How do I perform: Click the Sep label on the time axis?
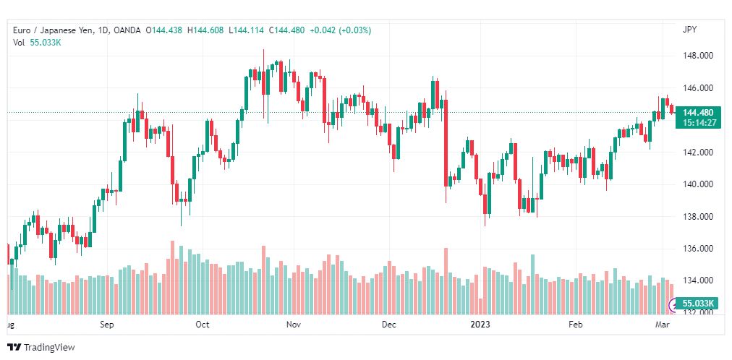click(x=107, y=325)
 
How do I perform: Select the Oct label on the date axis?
click(x=203, y=325)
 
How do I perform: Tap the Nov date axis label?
click(x=294, y=325)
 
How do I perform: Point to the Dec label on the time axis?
click(x=388, y=325)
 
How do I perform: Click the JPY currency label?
click(x=689, y=30)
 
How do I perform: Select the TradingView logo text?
click(x=49, y=348)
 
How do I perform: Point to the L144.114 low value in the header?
click(x=247, y=31)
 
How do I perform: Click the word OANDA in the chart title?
click(x=128, y=31)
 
